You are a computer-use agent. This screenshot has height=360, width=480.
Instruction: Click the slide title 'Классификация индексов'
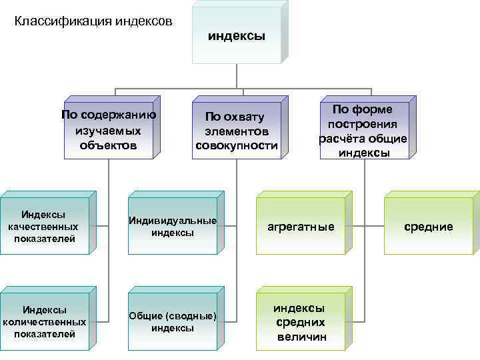pyautogui.click(x=93, y=21)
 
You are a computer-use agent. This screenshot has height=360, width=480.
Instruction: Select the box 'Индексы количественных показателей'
pyautogui.click(x=45, y=322)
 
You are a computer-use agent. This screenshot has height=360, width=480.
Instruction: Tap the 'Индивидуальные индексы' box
pyautogui.click(x=173, y=227)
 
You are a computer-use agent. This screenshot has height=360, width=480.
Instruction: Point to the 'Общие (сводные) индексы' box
pyautogui.click(x=173, y=321)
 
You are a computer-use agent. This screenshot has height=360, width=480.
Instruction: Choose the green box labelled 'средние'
pyautogui.click(x=429, y=227)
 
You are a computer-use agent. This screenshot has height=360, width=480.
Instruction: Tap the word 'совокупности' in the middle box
pyautogui.click(x=236, y=145)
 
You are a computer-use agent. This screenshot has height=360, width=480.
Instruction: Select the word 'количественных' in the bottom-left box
pyautogui.click(x=45, y=322)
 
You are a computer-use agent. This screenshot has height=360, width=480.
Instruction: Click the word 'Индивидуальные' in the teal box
pyautogui.click(x=173, y=221)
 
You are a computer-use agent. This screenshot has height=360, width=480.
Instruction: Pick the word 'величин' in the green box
pyautogui.click(x=302, y=337)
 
